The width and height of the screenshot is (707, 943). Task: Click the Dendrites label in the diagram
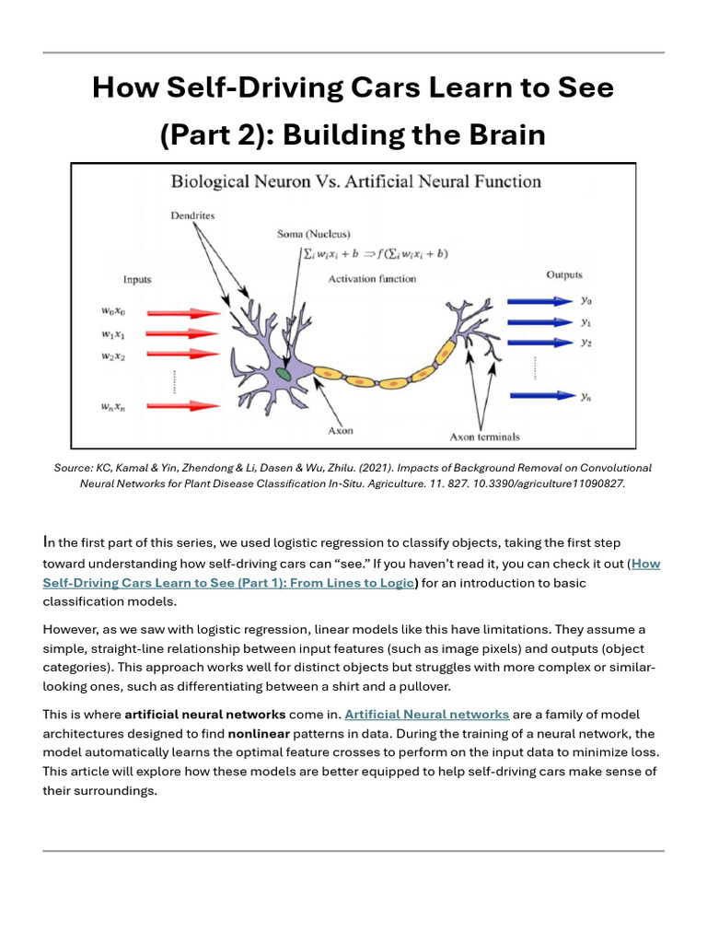click(191, 215)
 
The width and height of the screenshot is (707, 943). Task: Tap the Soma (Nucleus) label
click(314, 234)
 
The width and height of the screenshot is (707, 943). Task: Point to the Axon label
click(340, 430)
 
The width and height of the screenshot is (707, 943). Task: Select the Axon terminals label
click(483, 437)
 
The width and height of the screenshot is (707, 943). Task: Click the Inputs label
click(137, 279)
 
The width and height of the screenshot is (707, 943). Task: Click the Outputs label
click(563, 274)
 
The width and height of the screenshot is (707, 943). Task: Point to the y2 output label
click(586, 343)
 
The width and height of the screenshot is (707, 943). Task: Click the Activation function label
click(372, 278)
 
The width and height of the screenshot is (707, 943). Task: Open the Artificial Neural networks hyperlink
click(426, 714)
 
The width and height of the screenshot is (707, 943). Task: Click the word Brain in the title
click(504, 134)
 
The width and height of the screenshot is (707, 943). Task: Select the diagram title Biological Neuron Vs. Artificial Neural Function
click(355, 181)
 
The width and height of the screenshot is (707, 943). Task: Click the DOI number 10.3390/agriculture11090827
click(547, 483)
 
